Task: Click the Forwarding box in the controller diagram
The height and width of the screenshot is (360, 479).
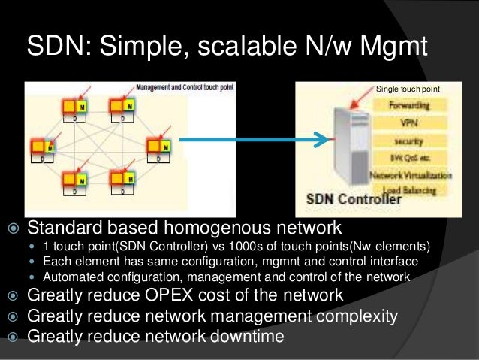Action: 411,106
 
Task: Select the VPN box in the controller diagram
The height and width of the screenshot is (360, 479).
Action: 410,123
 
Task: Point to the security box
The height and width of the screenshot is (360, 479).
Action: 410,141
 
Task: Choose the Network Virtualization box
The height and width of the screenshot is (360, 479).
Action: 411,175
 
